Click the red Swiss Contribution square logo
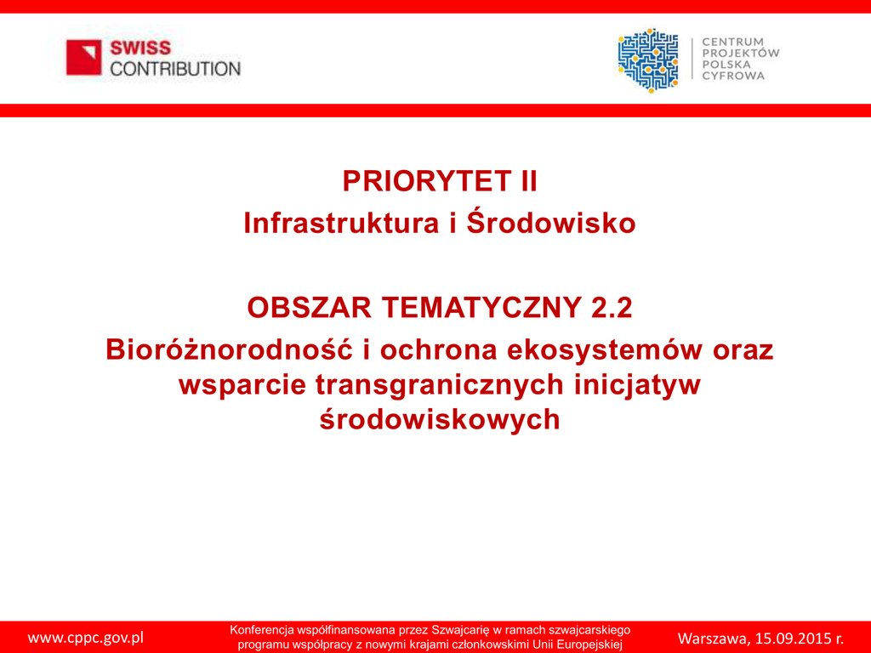click(x=84, y=57)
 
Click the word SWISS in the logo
click(x=140, y=48)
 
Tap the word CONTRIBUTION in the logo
click(x=175, y=69)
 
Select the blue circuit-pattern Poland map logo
click(x=647, y=60)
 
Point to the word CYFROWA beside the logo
click(x=733, y=76)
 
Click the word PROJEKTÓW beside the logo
click(x=741, y=53)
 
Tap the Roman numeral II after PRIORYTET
click(x=529, y=181)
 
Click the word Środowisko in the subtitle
click(x=551, y=222)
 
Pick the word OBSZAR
click(x=310, y=307)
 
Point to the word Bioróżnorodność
click(x=230, y=349)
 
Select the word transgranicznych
click(x=440, y=385)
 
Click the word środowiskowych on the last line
click(x=440, y=419)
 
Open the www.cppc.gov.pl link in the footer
click(x=86, y=638)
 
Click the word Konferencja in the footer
click(x=262, y=630)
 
